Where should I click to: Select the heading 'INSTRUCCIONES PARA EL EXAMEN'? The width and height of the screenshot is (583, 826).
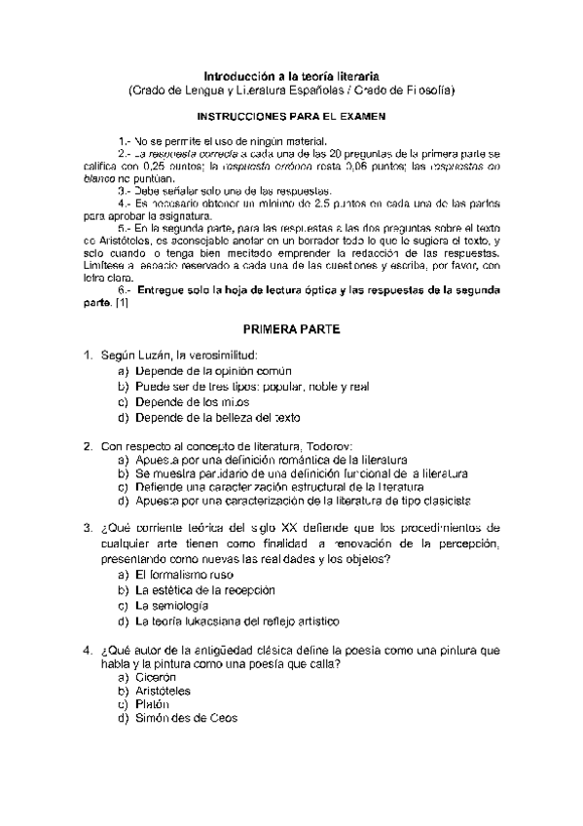(291, 115)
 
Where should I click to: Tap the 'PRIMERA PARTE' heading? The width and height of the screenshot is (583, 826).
(291, 330)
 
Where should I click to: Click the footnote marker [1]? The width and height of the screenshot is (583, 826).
(122, 303)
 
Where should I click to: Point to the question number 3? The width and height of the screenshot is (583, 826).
(88, 529)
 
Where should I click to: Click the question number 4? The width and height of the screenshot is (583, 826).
(88, 648)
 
